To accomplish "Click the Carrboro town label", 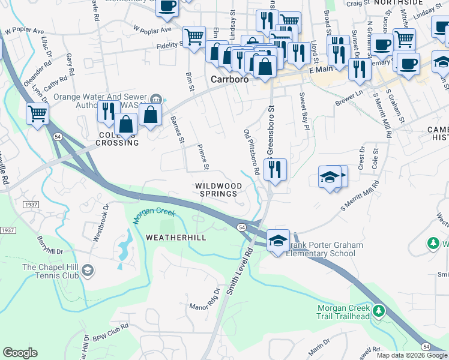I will tap(229, 79).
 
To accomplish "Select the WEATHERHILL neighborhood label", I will tap(176, 238).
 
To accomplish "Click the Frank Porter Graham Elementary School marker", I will tap(278, 241).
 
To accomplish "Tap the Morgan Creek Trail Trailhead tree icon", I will tap(378, 310).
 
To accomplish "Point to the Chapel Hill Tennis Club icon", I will tap(88, 271).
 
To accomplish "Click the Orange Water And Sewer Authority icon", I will tap(156, 100).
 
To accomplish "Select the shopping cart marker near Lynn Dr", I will tap(37, 113).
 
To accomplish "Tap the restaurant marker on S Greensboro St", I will tap(275, 169).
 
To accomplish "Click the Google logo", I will tap(20, 353).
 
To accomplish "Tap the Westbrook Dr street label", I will tap(100, 223).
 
